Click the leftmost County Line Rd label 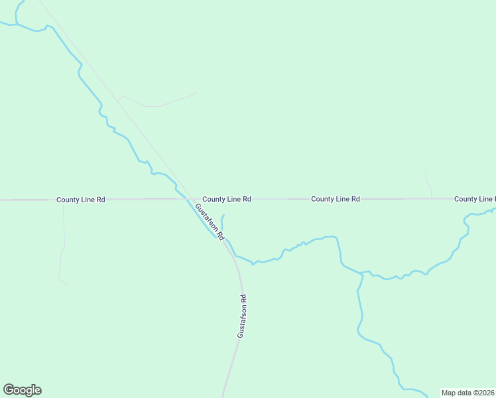pyautogui.click(x=80, y=199)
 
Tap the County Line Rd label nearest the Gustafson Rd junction pyautogui.click(x=226, y=199)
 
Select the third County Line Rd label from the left pyautogui.click(x=335, y=199)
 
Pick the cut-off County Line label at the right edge pyautogui.click(x=474, y=199)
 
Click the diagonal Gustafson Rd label pyautogui.click(x=210, y=222)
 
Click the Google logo pyautogui.click(x=22, y=390)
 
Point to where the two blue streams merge pyautogui.click(x=363, y=272)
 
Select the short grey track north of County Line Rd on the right pyautogui.click(x=428, y=184)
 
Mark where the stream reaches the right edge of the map pyautogui.click(x=494, y=210)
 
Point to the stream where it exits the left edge pyautogui.click(x=2, y=23)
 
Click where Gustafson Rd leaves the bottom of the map pyautogui.click(x=223, y=396)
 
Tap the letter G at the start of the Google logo pyautogui.click(x=9, y=390)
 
